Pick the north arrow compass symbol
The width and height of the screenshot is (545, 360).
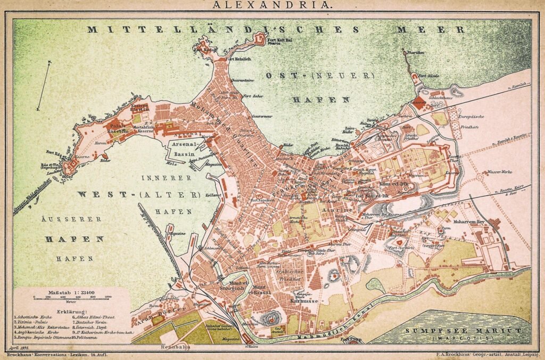(x=44, y=85)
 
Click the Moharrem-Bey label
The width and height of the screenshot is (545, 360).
(x=467, y=220)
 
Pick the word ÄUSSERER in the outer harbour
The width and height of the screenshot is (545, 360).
(x=65, y=219)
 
